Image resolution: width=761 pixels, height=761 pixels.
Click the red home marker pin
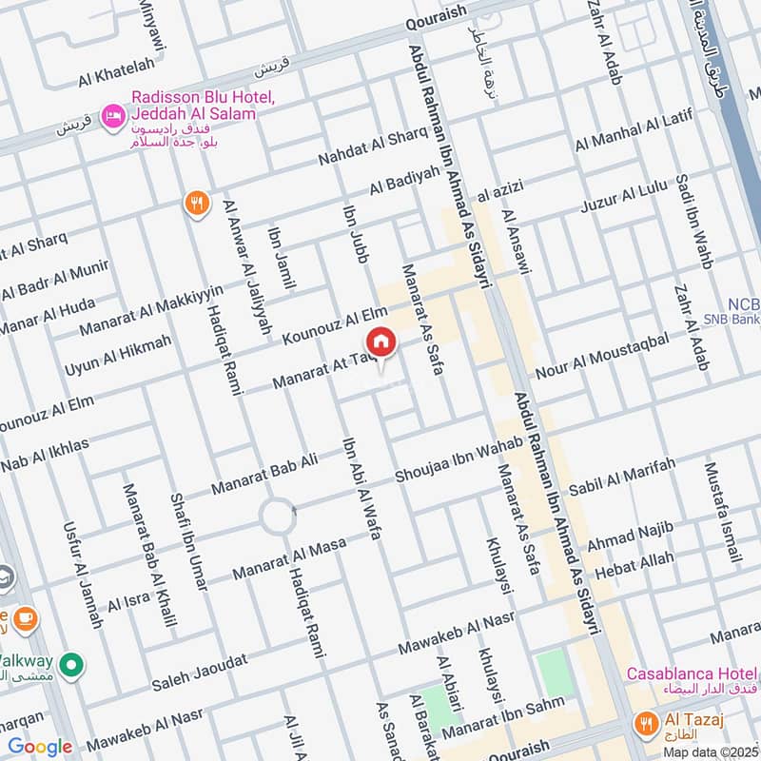(380, 343)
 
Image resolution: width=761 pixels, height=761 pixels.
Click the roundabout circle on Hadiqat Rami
(279, 518)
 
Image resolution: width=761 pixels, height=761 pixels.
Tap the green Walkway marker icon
(69, 663)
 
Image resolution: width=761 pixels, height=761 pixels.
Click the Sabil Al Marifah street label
(622, 477)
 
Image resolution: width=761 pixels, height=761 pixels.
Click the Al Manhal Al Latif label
(642, 129)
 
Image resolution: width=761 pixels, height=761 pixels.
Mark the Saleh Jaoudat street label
(200, 673)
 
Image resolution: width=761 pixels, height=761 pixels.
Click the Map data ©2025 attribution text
(710, 751)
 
